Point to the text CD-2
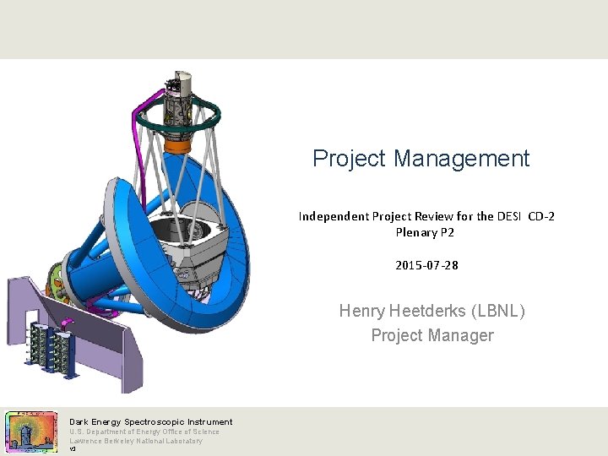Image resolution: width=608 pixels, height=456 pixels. click(x=541, y=216)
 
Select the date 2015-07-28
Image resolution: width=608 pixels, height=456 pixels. click(x=426, y=265)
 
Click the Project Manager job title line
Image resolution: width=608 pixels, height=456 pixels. click(x=432, y=335)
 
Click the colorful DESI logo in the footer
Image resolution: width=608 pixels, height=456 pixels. click(x=30, y=432)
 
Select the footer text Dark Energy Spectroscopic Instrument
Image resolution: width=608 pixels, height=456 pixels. click(x=150, y=421)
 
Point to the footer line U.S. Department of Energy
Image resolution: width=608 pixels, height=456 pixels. click(x=144, y=432)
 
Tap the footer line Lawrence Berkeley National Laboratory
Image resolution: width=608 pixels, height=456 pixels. click(x=135, y=441)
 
